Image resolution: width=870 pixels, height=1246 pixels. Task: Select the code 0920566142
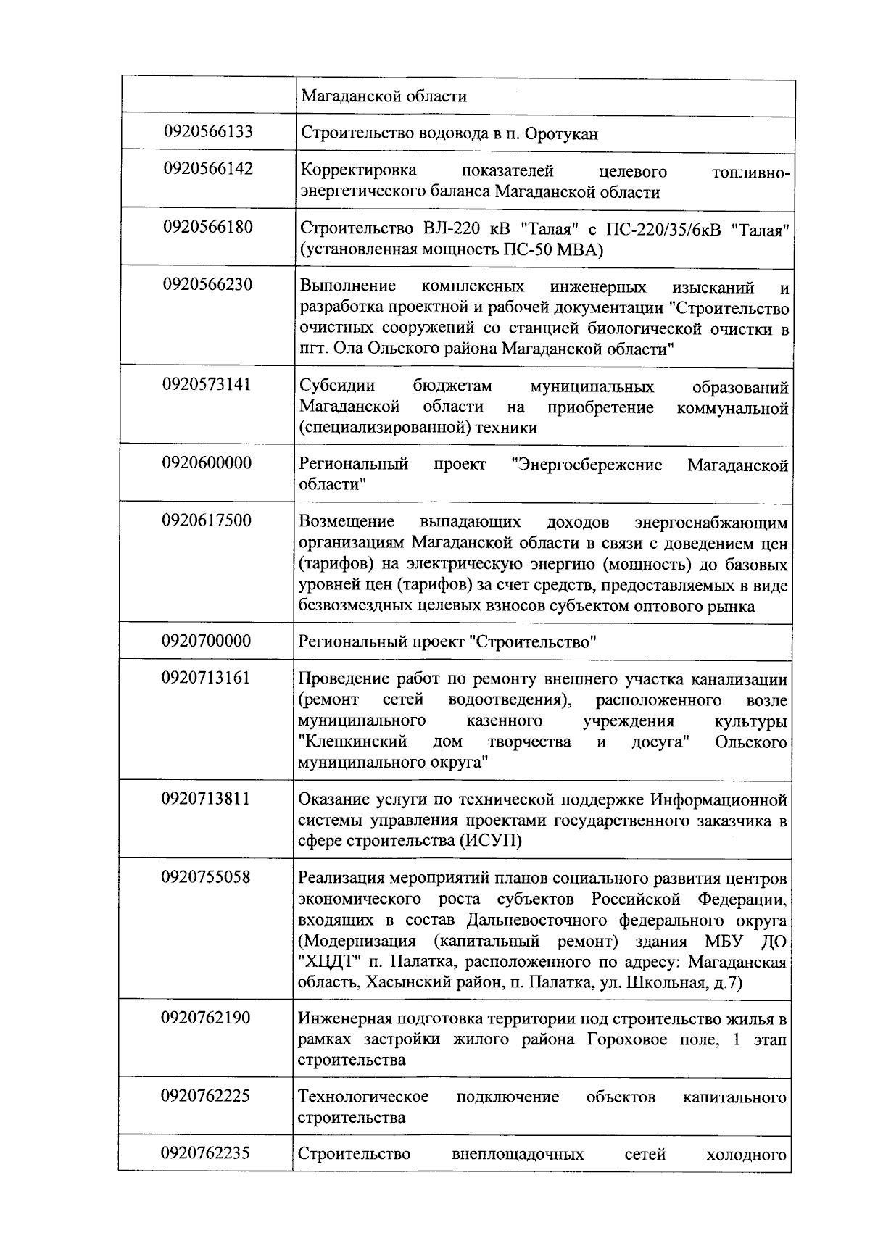tap(208, 169)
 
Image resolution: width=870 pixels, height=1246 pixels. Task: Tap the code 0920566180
tap(208, 227)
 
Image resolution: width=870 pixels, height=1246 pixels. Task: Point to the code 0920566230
tap(208, 284)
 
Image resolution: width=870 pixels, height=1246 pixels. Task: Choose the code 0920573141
tap(207, 384)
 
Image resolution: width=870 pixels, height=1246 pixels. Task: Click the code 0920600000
tap(207, 462)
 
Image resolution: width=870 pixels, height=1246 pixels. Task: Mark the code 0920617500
tap(207, 520)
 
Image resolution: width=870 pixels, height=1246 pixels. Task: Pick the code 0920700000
tap(207, 641)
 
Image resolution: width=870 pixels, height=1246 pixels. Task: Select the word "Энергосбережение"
tap(587, 465)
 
